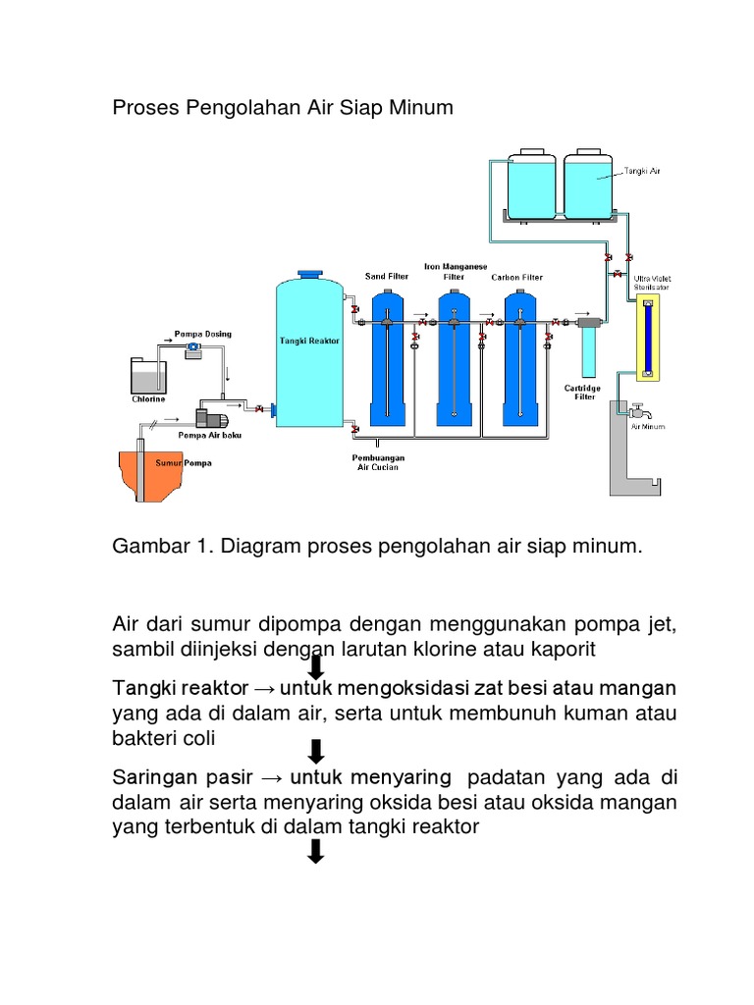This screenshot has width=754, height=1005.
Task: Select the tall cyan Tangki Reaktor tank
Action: click(x=309, y=353)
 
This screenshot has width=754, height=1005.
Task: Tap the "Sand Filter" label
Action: click(x=386, y=277)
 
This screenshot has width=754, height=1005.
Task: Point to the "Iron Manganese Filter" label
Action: click(x=455, y=271)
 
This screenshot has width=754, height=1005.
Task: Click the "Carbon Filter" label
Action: click(x=517, y=277)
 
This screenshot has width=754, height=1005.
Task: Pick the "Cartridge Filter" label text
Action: click(x=585, y=393)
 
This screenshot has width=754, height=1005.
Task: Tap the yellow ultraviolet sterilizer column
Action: click(x=645, y=339)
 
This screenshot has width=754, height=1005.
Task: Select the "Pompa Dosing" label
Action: click(x=202, y=335)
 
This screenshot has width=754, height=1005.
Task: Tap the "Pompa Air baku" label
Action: click(x=209, y=434)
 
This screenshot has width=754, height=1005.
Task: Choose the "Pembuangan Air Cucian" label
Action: click(x=377, y=462)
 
